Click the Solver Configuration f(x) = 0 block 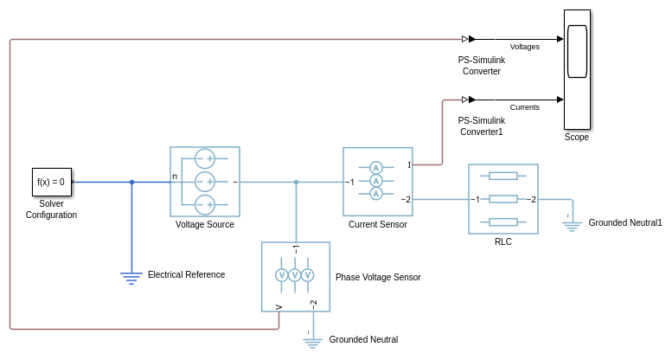(52, 182)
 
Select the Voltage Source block (204, 181)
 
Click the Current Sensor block (377, 181)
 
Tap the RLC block (502, 199)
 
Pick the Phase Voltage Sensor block (296, 276)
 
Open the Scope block (577, 69)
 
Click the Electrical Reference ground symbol (131, 276)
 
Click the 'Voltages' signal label (525, 47)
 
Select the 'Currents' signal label (525, 107)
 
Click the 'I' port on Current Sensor (409, 164)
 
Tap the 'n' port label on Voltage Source (175, 177)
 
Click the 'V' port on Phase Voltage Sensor (278, 306)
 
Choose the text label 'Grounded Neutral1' (624, 223)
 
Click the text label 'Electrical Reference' (186, 275)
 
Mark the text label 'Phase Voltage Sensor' (378, 278)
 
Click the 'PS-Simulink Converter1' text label (481, 126)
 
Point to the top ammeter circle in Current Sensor (376, 168)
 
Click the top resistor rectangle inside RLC (502, 176)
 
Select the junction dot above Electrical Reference (131, 182)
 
